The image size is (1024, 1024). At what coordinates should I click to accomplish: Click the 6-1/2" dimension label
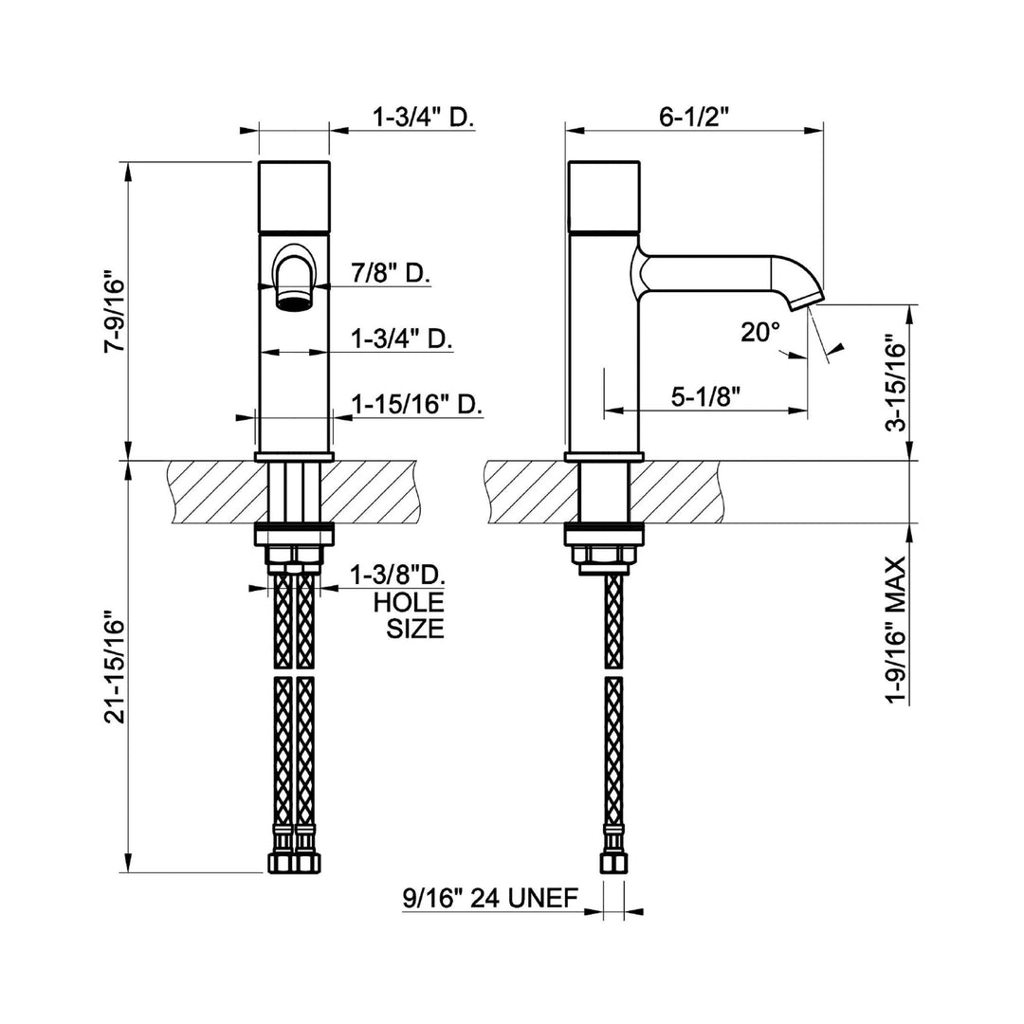(x=693, y=118)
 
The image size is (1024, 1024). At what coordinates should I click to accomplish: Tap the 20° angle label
(x=760, y=332)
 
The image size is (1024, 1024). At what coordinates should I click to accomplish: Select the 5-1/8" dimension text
(x=705, y=396)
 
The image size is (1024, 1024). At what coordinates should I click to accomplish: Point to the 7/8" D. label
(x=392, y=272)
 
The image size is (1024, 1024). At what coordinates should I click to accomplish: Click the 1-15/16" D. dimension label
(x=417, y=404)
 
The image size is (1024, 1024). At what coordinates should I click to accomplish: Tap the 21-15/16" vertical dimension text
(x=114, y=667)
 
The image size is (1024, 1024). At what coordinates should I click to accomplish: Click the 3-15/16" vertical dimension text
(x=897, y=383)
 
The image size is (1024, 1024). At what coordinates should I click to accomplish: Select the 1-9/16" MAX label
(x=897, y=630)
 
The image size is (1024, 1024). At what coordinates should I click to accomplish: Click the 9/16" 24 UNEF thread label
(x=491, y=899)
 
